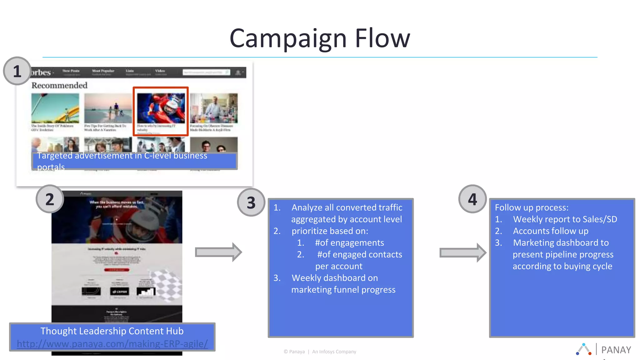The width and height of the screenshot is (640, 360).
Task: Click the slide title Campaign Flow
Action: click(319, 38)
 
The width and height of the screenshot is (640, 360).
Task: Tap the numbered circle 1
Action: click(17, 71)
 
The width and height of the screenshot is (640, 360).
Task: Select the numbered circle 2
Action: click(50, 199)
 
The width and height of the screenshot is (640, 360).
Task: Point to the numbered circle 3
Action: click(251, 202)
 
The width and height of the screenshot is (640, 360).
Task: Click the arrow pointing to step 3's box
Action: click(218, 252)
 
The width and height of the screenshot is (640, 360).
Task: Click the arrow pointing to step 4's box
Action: click(462, 252)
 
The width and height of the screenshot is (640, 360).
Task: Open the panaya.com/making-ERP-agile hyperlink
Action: click(112, 344)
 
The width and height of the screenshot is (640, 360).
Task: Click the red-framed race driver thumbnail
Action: click(161, 108)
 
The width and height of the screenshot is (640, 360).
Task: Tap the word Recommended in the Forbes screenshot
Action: click(59, 85)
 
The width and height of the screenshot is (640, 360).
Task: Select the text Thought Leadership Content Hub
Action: click(112, 331)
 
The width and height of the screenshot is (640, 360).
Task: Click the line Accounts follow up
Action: click(550, 231)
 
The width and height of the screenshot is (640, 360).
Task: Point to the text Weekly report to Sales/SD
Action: click(565, 219)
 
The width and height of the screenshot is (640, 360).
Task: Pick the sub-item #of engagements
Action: click(349, 243)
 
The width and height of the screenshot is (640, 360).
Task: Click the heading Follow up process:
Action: click(531, 207)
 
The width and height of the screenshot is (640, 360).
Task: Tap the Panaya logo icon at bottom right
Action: click(583, 349)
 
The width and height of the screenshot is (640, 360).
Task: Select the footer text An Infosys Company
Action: click(334, 352)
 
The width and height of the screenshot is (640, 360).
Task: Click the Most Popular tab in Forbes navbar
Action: click(103, 71)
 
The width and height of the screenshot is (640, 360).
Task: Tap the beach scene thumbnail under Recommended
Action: click(108, 108)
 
